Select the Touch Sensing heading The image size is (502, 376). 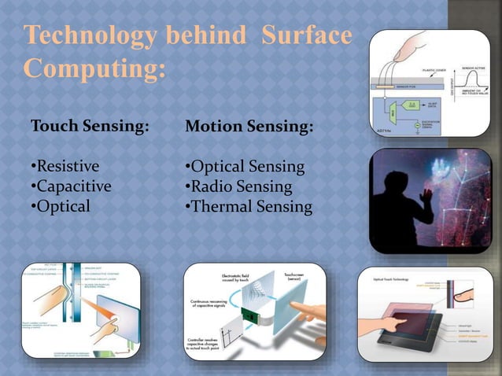(89, 127)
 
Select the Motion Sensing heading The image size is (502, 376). (248, 127)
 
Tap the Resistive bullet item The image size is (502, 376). (65, 167)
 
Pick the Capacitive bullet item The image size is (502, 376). (71, 186)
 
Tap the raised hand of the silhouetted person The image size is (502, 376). (429, 193)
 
